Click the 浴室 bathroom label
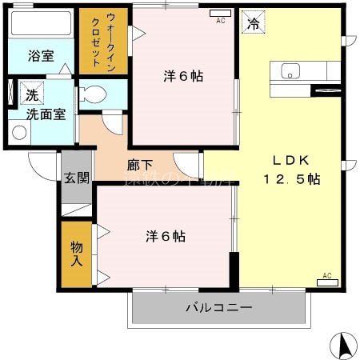point(41,56)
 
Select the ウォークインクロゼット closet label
point(98,39)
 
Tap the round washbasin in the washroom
point(19,132)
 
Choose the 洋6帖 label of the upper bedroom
point(183,77)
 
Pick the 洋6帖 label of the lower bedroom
point(166,237)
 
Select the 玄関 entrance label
point(77,178)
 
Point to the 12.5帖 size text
point(291,179)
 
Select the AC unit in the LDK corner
point(327,281)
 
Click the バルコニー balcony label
point(218,307)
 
